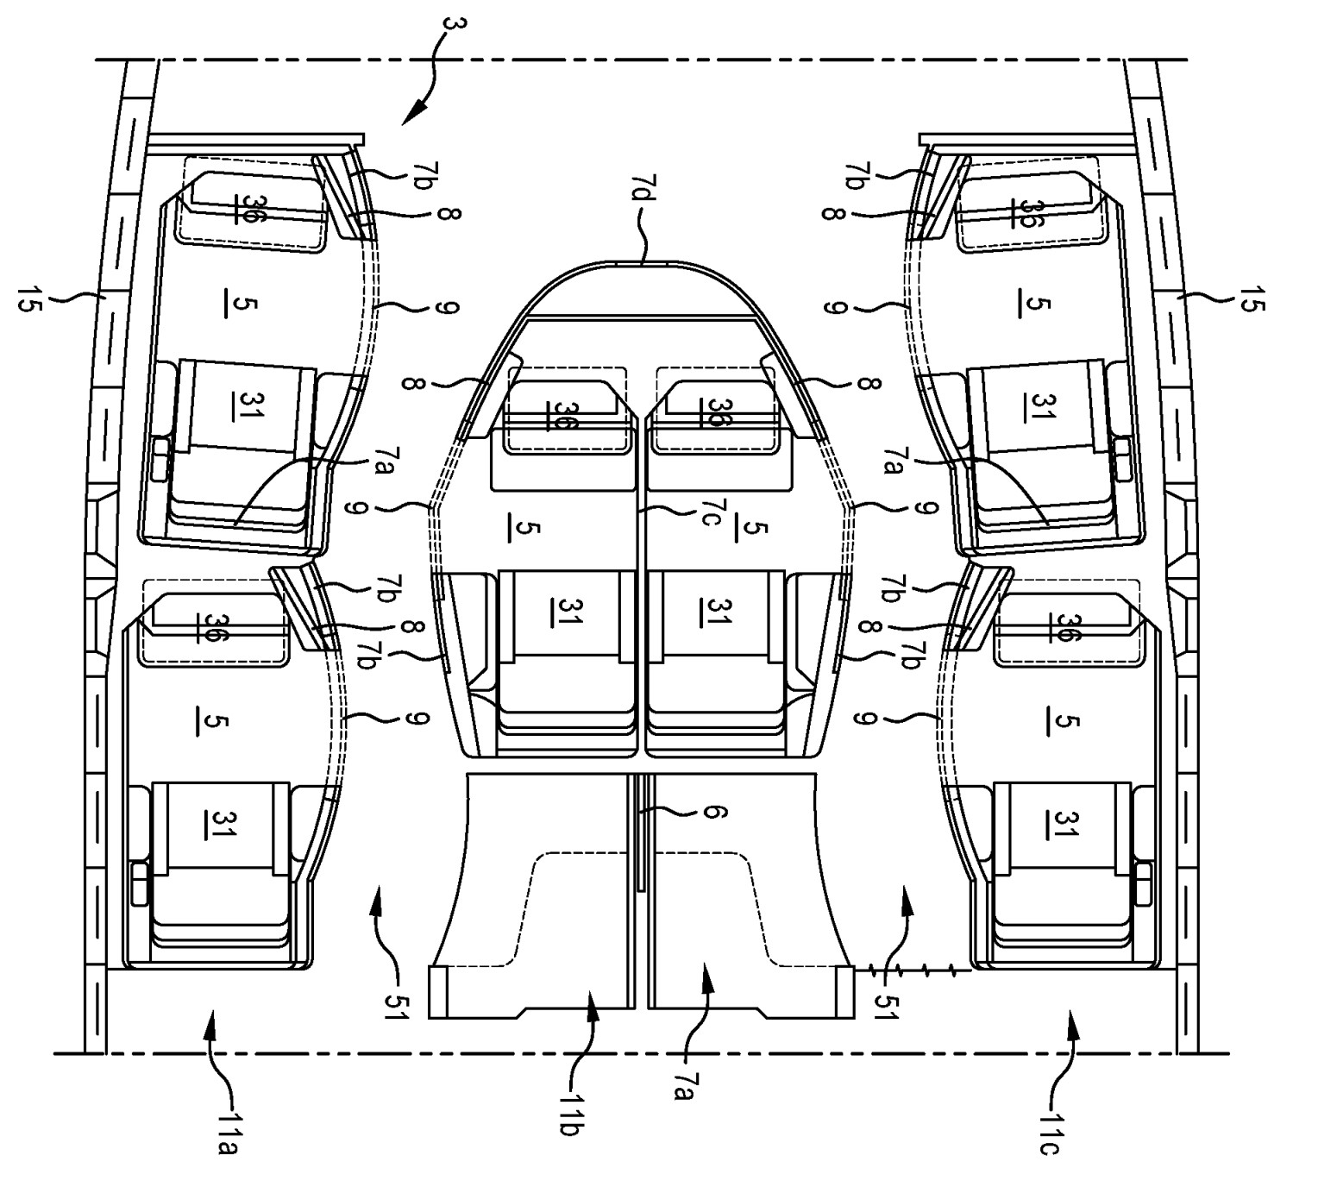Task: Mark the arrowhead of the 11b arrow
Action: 593,1003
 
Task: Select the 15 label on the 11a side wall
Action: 28,299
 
